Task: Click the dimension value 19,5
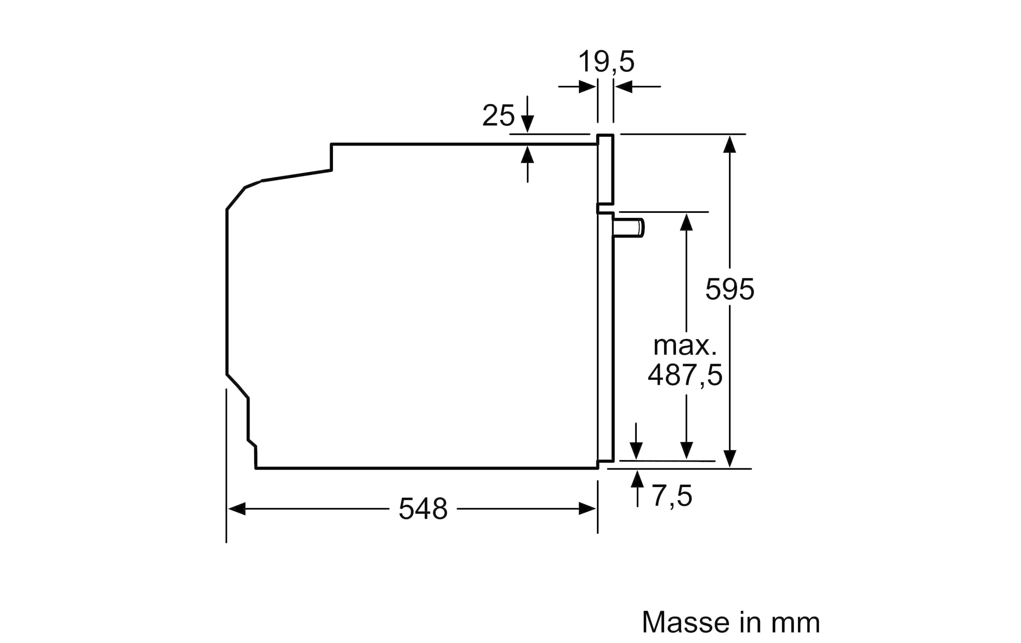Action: (x=606, y=62)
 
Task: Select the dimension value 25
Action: (x=498, y=115)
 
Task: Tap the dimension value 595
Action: (x=730, y=289)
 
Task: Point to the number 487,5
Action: (x=685, y=375)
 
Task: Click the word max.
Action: (x=685, y=346)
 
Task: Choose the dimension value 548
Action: (x=423, y=509)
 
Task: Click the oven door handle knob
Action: (x=628, y=228)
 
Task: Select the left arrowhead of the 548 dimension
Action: (x=237, y=508)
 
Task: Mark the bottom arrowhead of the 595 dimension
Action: (x=729, y=459)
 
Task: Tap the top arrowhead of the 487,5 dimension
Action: (x=686, y=222)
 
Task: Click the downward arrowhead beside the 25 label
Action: (x=528, y=124)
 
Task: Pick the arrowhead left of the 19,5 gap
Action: (x=588, y=87)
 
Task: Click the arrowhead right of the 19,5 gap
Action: (x=624, y=87)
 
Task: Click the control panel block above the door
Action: (x=605, y=169)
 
